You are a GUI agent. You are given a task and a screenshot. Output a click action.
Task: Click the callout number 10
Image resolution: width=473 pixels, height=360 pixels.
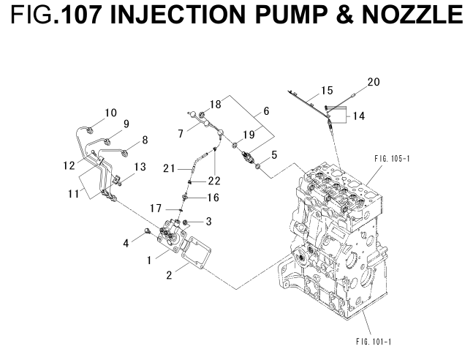click(110, 113)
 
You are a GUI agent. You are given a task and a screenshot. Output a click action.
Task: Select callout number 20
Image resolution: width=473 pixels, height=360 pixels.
click(374, 82)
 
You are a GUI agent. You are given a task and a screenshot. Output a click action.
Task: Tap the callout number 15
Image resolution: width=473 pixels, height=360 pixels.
click(327, 91)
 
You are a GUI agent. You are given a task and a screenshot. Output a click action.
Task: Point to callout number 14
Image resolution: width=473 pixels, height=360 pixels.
click(360, 116)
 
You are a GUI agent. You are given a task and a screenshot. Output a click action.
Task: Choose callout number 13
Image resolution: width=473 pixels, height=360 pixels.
click(140, 167)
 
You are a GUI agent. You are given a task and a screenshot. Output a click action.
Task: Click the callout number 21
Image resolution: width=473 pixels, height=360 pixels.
click(169, 169)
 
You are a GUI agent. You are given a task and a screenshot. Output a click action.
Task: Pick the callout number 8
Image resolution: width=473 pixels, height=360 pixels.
click(145, 139)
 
